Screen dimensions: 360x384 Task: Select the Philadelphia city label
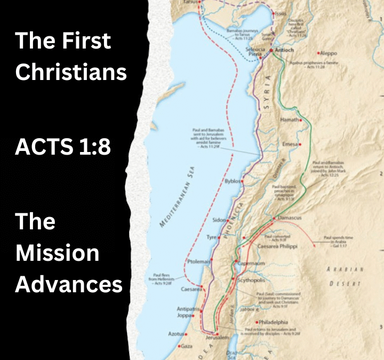click(274, 322)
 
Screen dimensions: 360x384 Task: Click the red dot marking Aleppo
click(319, 53)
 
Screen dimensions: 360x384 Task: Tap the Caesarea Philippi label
click(277, 247)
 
